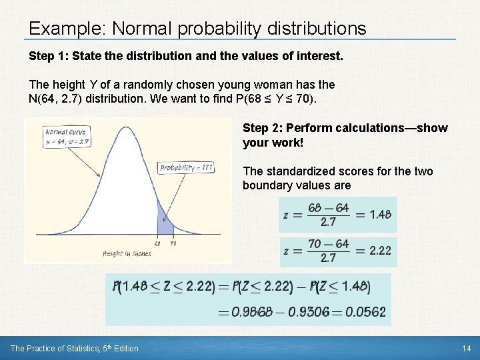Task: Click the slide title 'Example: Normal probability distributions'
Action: tap(197, 29)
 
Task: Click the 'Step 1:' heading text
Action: tap(49, 57)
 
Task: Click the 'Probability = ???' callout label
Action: tap(187, 168)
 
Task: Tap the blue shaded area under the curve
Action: tap(163, 219)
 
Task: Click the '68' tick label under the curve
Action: tap(157, 243)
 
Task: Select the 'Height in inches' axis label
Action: tap(127, 253)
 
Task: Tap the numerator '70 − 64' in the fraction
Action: tap(328, 244)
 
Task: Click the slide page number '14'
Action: tap(465, 349)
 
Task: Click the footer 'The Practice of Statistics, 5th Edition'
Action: tap(75, 349)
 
